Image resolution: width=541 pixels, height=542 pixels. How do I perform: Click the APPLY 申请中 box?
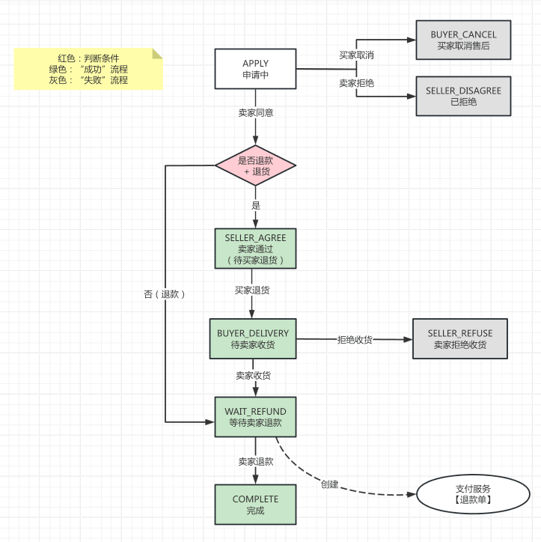pos(255,69)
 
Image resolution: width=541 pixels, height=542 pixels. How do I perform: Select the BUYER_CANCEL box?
pos(463,40)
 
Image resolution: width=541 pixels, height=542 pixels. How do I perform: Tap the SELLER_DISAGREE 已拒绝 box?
pos(463,96)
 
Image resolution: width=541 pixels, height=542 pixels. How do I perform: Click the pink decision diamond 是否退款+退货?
pos(256,165)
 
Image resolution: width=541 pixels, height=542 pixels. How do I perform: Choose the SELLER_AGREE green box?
pos(255,249)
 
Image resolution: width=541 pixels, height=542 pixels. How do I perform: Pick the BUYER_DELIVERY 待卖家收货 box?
pos(253,338)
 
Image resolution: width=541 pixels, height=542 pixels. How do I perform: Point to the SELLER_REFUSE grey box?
pos(460,338)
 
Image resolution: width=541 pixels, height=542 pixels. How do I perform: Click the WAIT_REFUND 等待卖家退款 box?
pos(255,417)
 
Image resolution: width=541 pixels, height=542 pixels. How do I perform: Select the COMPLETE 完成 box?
pos(255,505)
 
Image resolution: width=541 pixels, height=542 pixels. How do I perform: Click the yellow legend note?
pos(88,69)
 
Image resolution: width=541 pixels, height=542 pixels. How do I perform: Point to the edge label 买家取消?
pos(356,55)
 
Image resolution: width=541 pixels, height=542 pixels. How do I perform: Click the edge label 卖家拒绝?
pos(356,83)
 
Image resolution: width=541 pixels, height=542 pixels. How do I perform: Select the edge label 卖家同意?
pos(255,113)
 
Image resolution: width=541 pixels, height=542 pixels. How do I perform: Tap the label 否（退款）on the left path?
pos(165,294)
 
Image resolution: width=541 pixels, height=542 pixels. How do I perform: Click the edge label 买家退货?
pos(252,289)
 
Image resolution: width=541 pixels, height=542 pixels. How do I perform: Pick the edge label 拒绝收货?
pos(355,339)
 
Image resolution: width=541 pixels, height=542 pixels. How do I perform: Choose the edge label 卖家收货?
pos(253,375)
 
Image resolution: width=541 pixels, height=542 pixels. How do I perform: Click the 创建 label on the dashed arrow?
pos(329,484)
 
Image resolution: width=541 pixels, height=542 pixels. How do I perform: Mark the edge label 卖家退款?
pos(255,461)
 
